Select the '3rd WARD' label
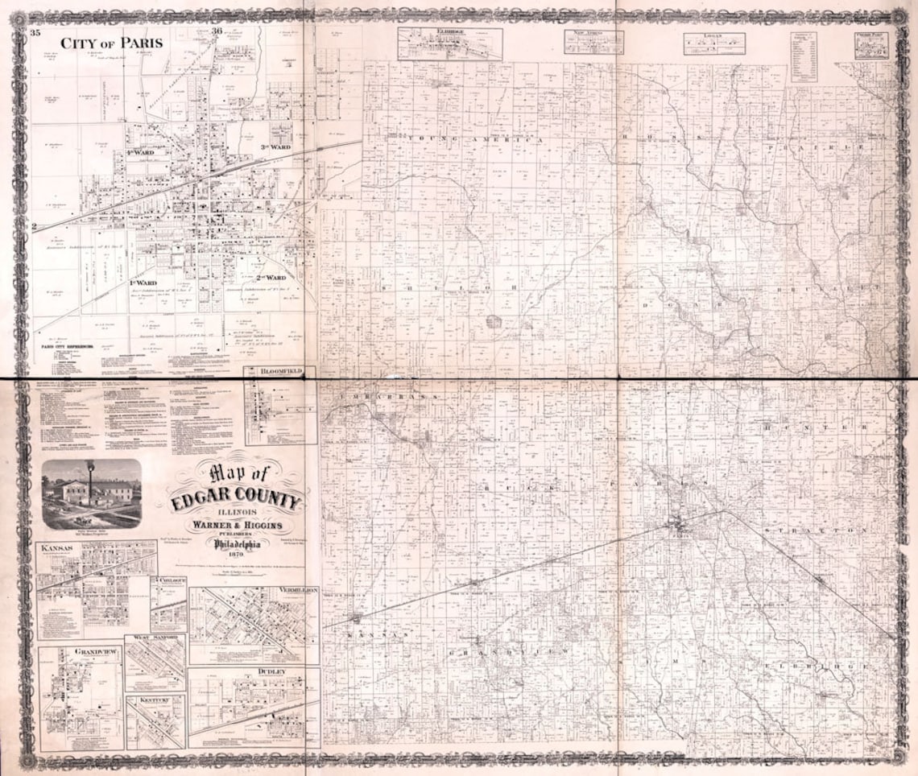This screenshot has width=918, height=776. pos(275,147)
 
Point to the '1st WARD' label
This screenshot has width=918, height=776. pos(143,283)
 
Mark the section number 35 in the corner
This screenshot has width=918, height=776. pos(35,32)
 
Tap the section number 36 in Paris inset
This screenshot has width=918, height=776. pos(217,31)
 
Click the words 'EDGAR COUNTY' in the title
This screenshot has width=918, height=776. pos(237,502)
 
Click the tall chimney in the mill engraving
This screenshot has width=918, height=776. pos(90,477)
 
